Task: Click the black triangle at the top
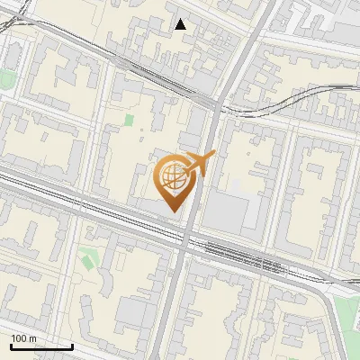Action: tap(181, 24)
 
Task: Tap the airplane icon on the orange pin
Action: tap(199, 165)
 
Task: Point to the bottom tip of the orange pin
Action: tap(172, 212)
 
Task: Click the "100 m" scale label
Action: tap(23, 338)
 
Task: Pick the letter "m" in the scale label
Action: tap(32, 338)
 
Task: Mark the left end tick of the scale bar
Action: tap(11, 346)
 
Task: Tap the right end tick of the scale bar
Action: tap(72, 346)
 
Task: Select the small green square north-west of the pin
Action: tap(129, 120)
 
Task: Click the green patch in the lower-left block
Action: tap(86, 259)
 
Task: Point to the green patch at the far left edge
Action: tap(7, 79)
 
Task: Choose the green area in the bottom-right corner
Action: tap(346, 315)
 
